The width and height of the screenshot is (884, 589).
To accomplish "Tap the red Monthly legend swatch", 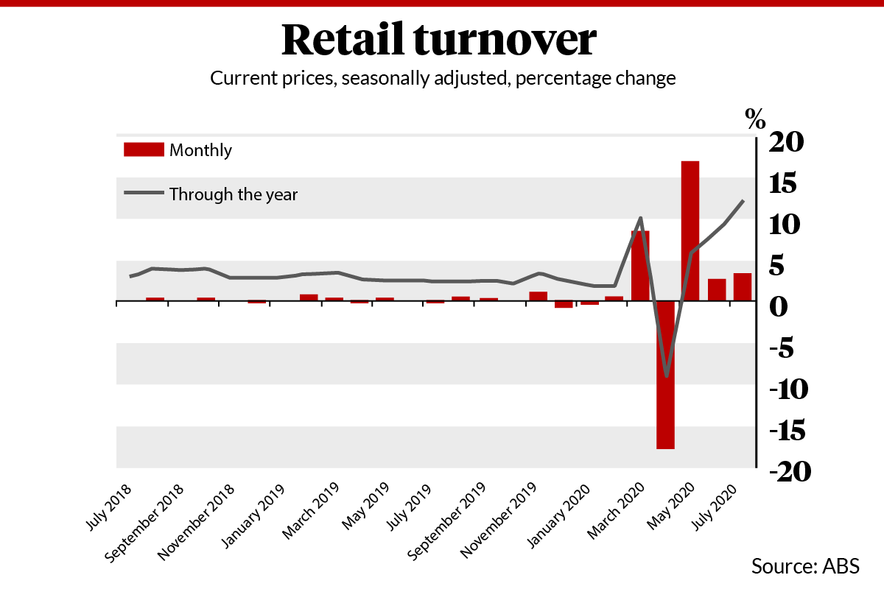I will (x=143, y=150).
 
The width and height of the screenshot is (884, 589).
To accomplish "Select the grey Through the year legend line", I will (x=143, y=194).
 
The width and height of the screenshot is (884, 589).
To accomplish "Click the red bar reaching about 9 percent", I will (x=640, y=266).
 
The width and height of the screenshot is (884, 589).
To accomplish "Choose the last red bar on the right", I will (x=742, y=287).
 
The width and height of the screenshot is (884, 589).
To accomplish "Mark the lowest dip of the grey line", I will (x=667, y=376).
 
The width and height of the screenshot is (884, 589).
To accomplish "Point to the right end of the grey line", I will (x=743, y=200).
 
